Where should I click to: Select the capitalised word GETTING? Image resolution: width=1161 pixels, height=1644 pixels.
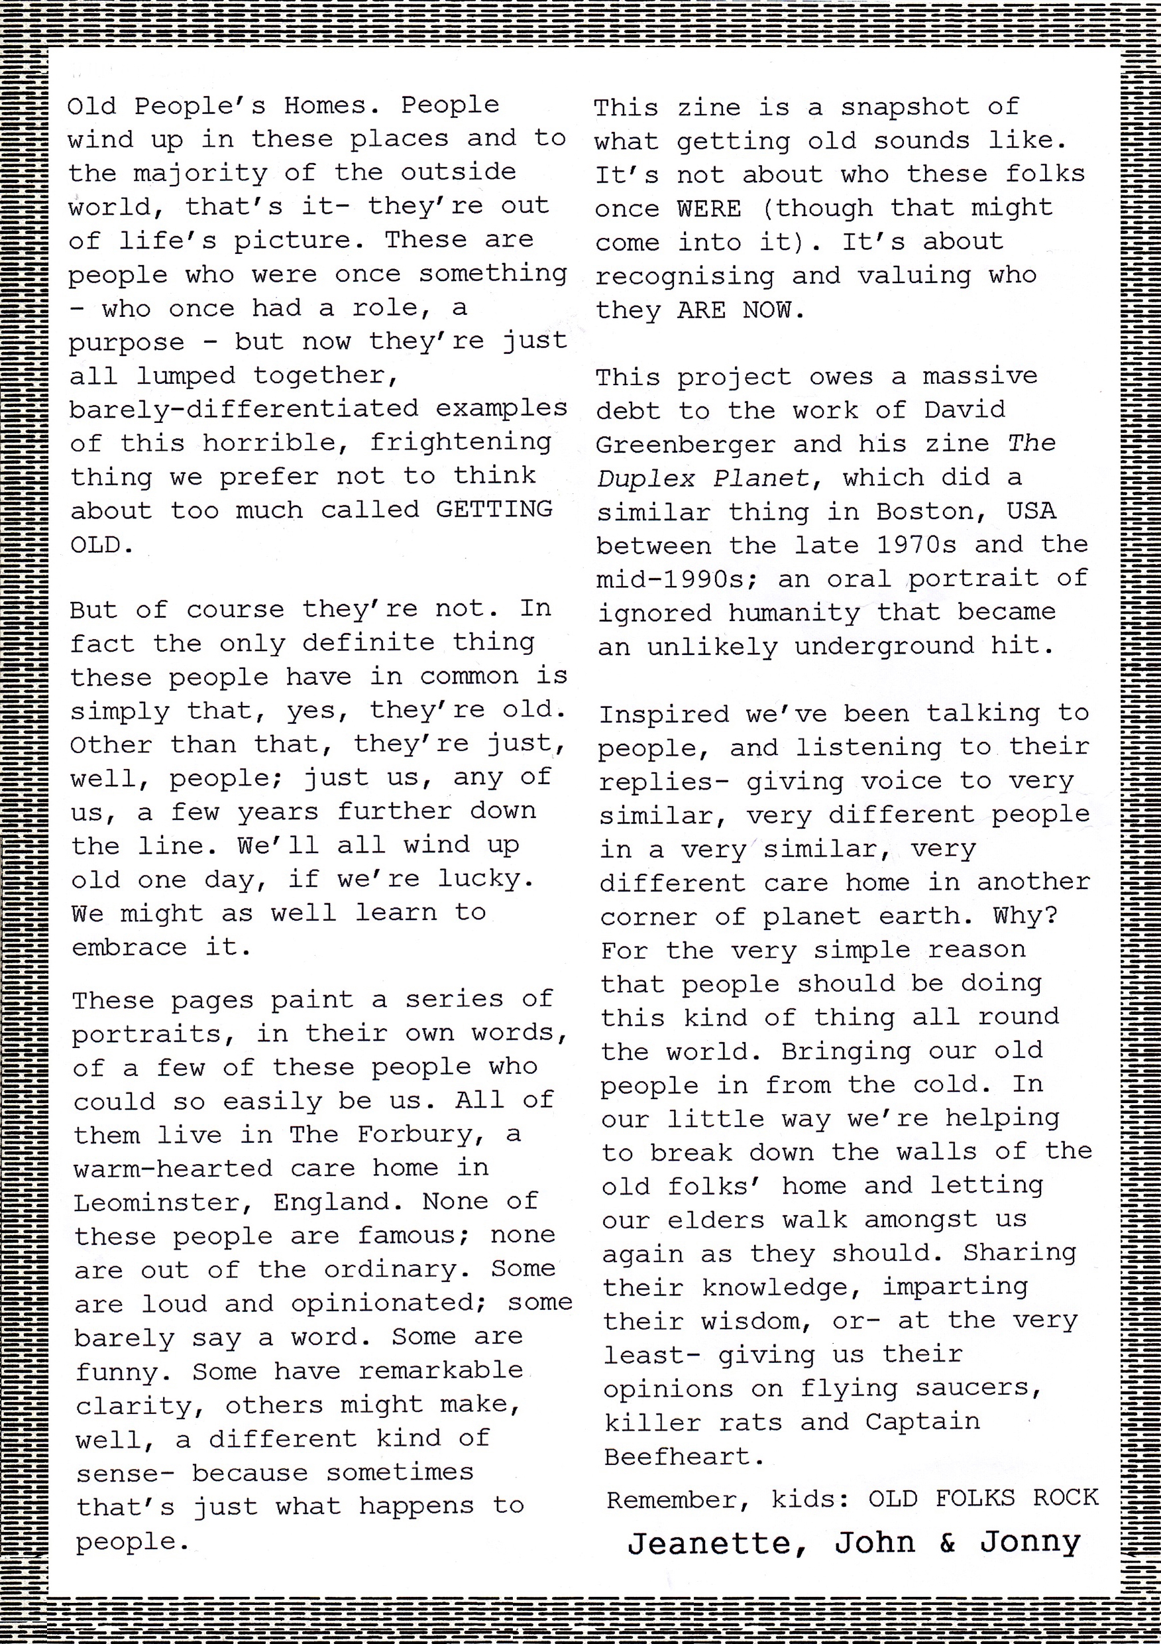(x=494, y=509)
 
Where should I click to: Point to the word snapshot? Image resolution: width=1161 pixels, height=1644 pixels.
(x=904, y=107)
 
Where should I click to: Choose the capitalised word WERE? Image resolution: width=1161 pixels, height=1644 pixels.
(x=709, y=208)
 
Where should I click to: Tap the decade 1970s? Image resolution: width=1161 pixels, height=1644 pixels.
(x=916, y=545)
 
